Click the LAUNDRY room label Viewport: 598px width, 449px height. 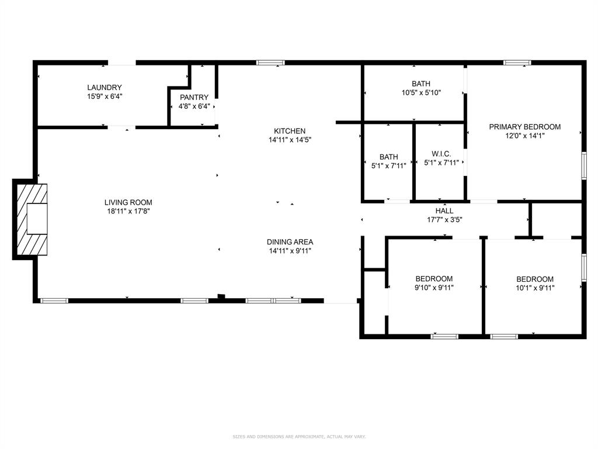click(105, 88)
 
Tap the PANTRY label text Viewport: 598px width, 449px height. click(194, 98)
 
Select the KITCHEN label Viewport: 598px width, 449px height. click(290, 131)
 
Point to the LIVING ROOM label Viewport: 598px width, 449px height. click(127, 202)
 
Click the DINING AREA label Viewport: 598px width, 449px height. click(290, 242)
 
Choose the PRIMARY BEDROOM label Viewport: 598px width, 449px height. click(524, 127)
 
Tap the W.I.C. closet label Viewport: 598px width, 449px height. click(441, 154)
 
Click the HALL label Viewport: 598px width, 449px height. click(444, 211)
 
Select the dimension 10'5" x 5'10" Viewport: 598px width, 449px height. click(420, 92)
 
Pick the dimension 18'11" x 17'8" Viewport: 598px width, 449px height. click(127, 211)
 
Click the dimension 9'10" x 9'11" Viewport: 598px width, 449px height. click(434, 288)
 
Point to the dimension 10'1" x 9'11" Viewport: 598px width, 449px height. click(535, 288)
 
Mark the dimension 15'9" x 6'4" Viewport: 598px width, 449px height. click(105, 96)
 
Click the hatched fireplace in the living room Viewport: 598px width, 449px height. click(31, 219)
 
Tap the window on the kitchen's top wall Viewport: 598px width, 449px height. click(270, 63)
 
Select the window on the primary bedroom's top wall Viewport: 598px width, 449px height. click(517, 63)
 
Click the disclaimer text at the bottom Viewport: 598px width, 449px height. click(298, 437)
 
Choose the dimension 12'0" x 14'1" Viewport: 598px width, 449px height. click(524, 136)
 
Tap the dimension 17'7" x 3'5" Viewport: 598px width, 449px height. click(444, 220)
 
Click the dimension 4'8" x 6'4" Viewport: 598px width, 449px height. click(194, 106)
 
